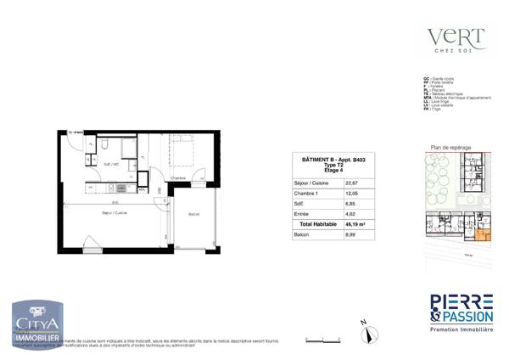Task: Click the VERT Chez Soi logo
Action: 456,40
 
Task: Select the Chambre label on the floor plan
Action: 178,177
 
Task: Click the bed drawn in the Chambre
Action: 182,153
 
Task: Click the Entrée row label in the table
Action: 301,214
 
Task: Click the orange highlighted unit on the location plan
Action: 483,234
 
